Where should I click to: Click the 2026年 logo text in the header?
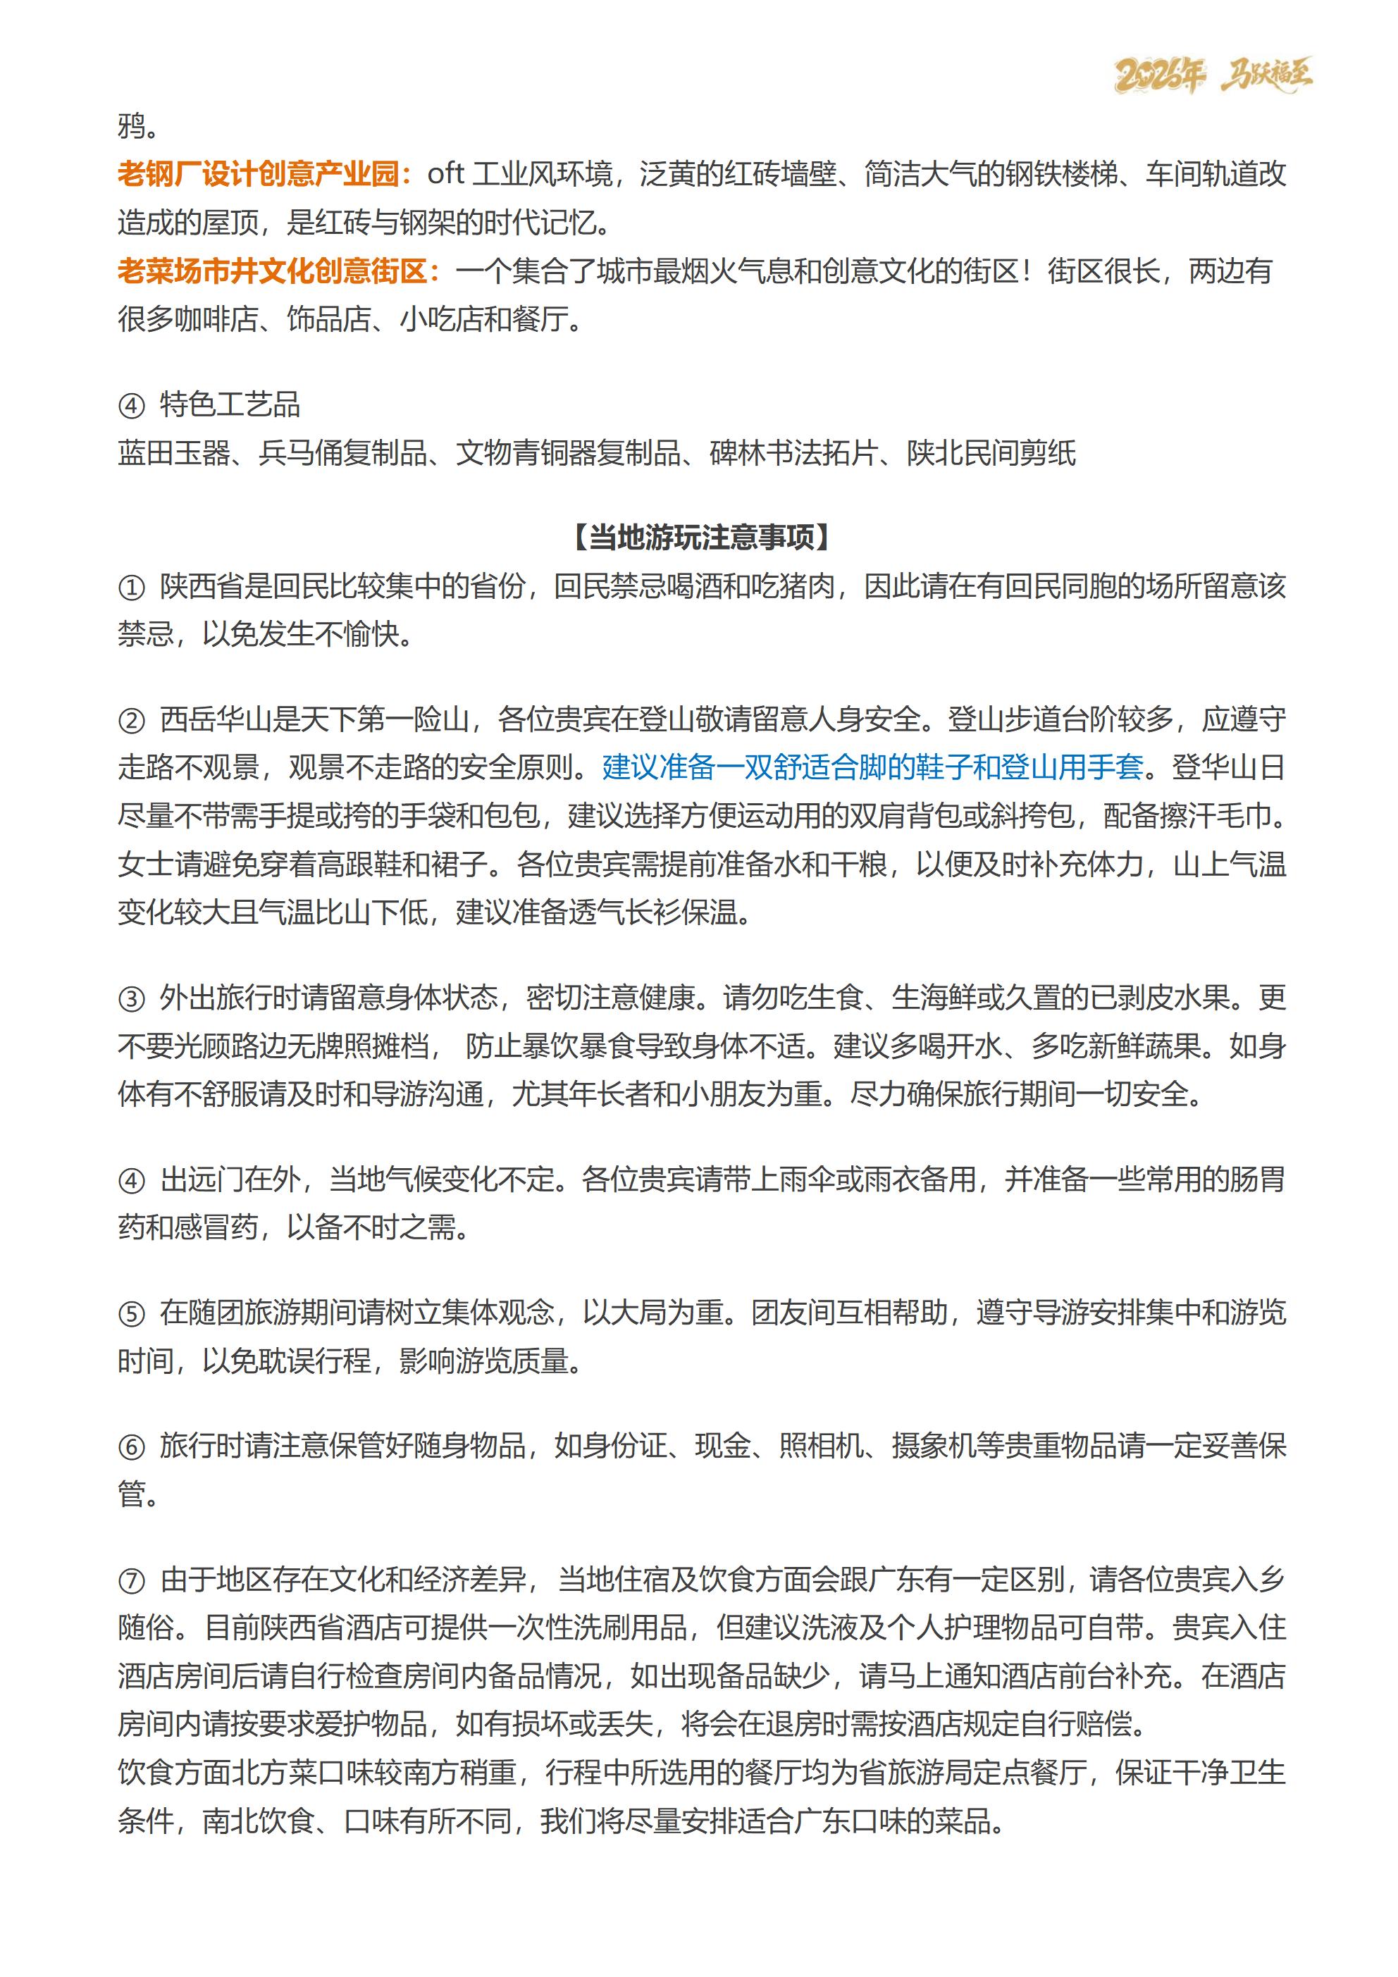click(1158, 77)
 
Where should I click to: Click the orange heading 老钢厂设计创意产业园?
click(259, 175)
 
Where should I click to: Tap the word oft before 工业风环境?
click(445, 175)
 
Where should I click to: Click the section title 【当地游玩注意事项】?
click(701, 538)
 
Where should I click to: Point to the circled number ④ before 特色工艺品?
click(131, 406)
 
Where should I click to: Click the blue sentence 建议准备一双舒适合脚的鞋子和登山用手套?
click(872, 767)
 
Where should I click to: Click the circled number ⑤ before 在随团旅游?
click(131, 1314)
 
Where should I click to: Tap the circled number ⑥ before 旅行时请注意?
click(131, 1446)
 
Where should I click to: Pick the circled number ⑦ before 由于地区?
click(131, 1580)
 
